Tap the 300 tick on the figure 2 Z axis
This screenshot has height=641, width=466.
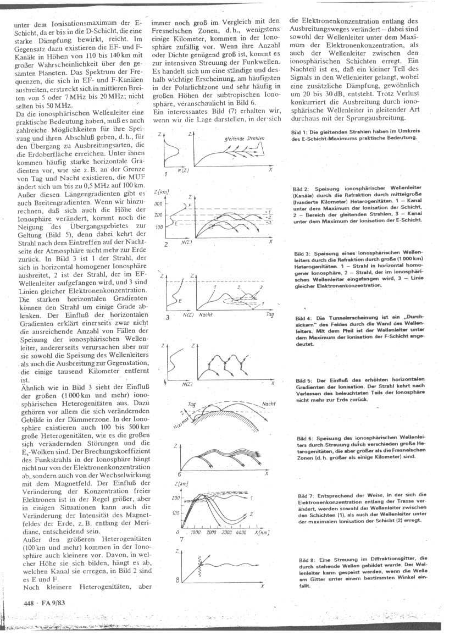[x=159, y=203]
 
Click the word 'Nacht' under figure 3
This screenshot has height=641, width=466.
[x=207, y=314]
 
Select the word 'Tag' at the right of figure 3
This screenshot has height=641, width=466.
[x=269, y=314]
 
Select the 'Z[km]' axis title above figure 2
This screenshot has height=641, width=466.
[x=161, y=191]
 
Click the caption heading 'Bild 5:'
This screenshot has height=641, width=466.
[x=303, y=380]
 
